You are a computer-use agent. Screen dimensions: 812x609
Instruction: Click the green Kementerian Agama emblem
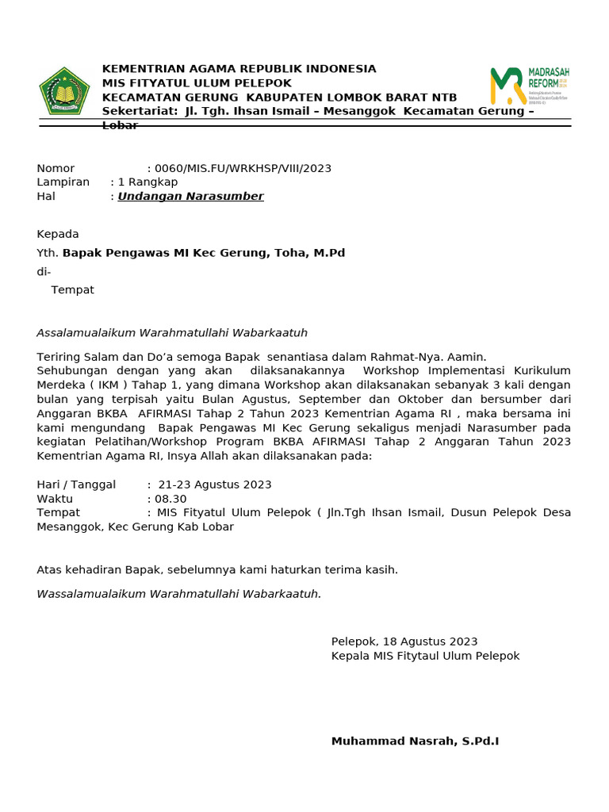point(64,91)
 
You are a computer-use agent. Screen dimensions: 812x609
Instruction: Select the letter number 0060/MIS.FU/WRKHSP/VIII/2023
point(243,168)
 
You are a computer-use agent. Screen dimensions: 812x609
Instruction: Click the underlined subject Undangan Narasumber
point(190,196)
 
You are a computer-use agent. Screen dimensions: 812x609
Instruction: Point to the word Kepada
point(58,234)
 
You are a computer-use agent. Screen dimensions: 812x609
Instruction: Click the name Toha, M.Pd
point(310,253)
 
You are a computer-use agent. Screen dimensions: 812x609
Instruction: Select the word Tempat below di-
point(72,289)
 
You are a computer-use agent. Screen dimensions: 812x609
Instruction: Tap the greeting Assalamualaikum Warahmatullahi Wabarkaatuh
point(172,332)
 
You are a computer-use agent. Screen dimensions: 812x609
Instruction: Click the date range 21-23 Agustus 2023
point(215,485)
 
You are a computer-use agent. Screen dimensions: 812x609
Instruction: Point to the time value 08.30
point(170,499)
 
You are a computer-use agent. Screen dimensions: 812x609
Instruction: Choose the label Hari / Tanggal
point(76,485)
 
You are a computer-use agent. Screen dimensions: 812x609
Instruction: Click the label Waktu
point(55,499)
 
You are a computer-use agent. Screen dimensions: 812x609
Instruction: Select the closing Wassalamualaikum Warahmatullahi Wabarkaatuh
point(179,593)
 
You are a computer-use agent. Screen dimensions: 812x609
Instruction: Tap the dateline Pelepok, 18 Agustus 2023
point(404,642)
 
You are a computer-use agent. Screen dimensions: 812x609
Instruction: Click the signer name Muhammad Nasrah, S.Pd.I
point(415,741)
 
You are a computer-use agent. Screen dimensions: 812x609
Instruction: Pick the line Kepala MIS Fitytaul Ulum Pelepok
point(425,656)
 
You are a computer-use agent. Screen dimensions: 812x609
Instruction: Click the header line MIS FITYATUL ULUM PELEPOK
point(197,83)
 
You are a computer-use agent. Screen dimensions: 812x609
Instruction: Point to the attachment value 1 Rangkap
point(147,182)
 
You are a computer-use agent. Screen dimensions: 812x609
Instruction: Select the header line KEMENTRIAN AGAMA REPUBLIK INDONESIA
point(239,69)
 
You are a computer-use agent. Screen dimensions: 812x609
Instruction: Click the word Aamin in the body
point(468,357)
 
